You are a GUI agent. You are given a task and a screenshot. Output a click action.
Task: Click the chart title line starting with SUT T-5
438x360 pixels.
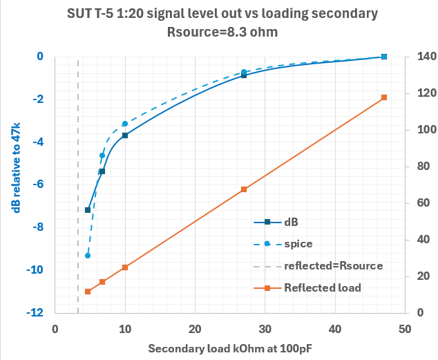(219, 12)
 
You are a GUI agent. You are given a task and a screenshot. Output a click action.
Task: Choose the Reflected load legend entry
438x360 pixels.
(322, 287)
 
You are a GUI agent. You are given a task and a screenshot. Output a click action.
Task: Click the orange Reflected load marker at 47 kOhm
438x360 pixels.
(384, 98)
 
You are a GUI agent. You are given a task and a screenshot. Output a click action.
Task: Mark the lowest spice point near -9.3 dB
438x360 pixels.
(88, 256)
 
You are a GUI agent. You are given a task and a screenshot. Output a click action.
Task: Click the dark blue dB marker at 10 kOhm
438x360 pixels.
(125, 135)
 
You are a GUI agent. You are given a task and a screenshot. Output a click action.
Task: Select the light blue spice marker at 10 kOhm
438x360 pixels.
(125, 124)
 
